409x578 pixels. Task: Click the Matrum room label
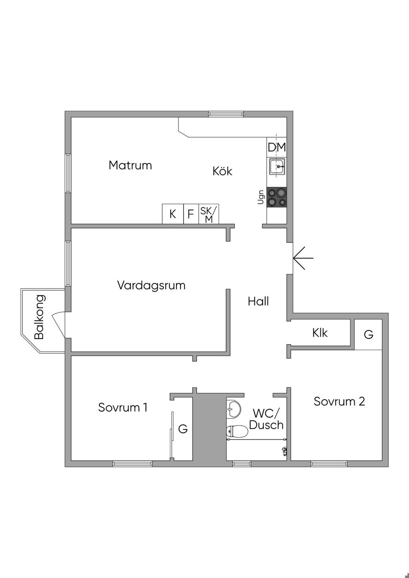pos(130,165)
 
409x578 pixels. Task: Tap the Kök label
pos(222,171)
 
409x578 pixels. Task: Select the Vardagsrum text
pos(151,285)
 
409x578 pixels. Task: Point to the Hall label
pos(258,301)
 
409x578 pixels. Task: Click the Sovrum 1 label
pos(123,407)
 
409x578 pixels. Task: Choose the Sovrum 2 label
pos(339,401)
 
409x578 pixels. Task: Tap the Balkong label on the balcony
pos(40,317)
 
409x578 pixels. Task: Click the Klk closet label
pos(320,333)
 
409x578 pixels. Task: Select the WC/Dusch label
pos(266,418)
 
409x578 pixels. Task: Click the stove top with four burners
pos(277,197)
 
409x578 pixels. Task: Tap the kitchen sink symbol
pos(277,166)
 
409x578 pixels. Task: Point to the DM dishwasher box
pos(277,147)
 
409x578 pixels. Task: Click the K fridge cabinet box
pos(173,214)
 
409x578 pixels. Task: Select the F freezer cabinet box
pos(191,214)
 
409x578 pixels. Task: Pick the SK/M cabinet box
pos(209,214)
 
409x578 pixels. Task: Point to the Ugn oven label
pos(261,197)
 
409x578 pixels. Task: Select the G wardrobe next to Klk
pos(368,334)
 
